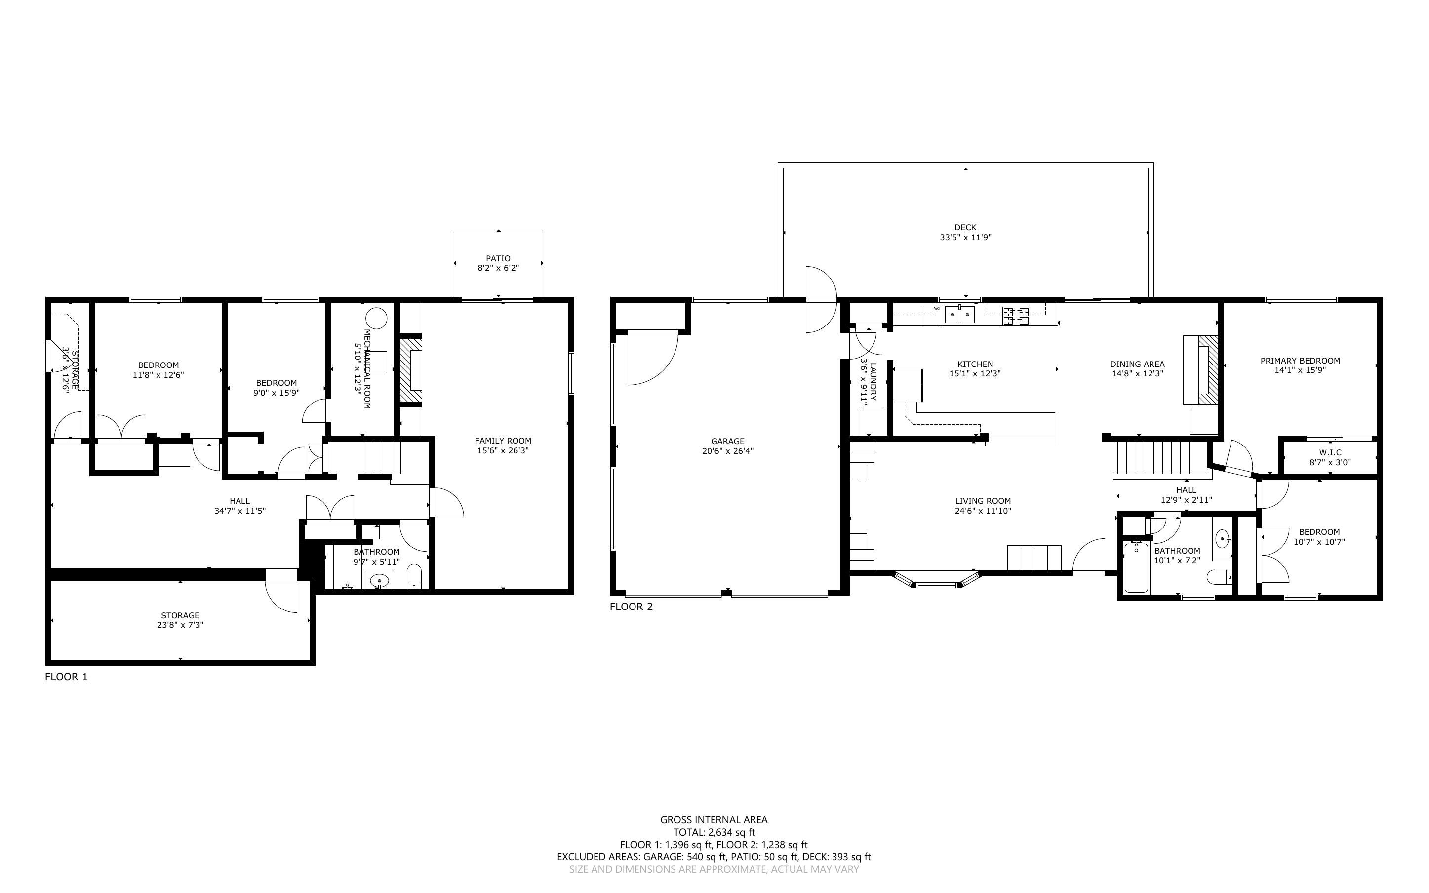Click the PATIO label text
pyautogui.click(x=498, y=258)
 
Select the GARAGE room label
pyautogui.click(x=728, y=441)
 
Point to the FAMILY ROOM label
pyautogui.click(x=503, y=441)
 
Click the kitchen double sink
pyautogui.click(x=960, y=314)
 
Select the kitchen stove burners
pyautogui.click(x=1016, y=316)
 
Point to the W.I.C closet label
pyautogui.click(x=1330, y=452)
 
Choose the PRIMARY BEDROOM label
pyautogui.click(x=1300, y=360)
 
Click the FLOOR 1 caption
pyautogui.click(x=66, y=677)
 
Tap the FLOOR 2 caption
pyautogui.click(x=631, y=607)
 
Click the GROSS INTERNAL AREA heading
pyautogui.click(x=714, y=820)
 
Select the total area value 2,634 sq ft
pyautogui.click(x=731, y=832)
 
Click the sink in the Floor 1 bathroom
pyautogui.click(x=379, y=581)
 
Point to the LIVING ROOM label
pyautogui.click(x=983, y=501)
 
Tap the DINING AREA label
pyautogui.click(x=1137, y=364)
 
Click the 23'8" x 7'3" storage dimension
pyautogui.click(x=180, y=625)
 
